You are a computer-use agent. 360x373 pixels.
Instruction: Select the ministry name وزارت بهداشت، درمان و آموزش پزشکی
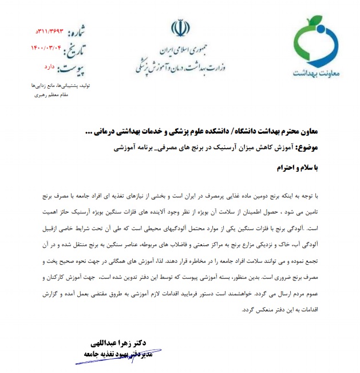[x=177, y=61]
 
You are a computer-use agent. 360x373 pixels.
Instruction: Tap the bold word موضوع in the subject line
[x=326, y=148]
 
